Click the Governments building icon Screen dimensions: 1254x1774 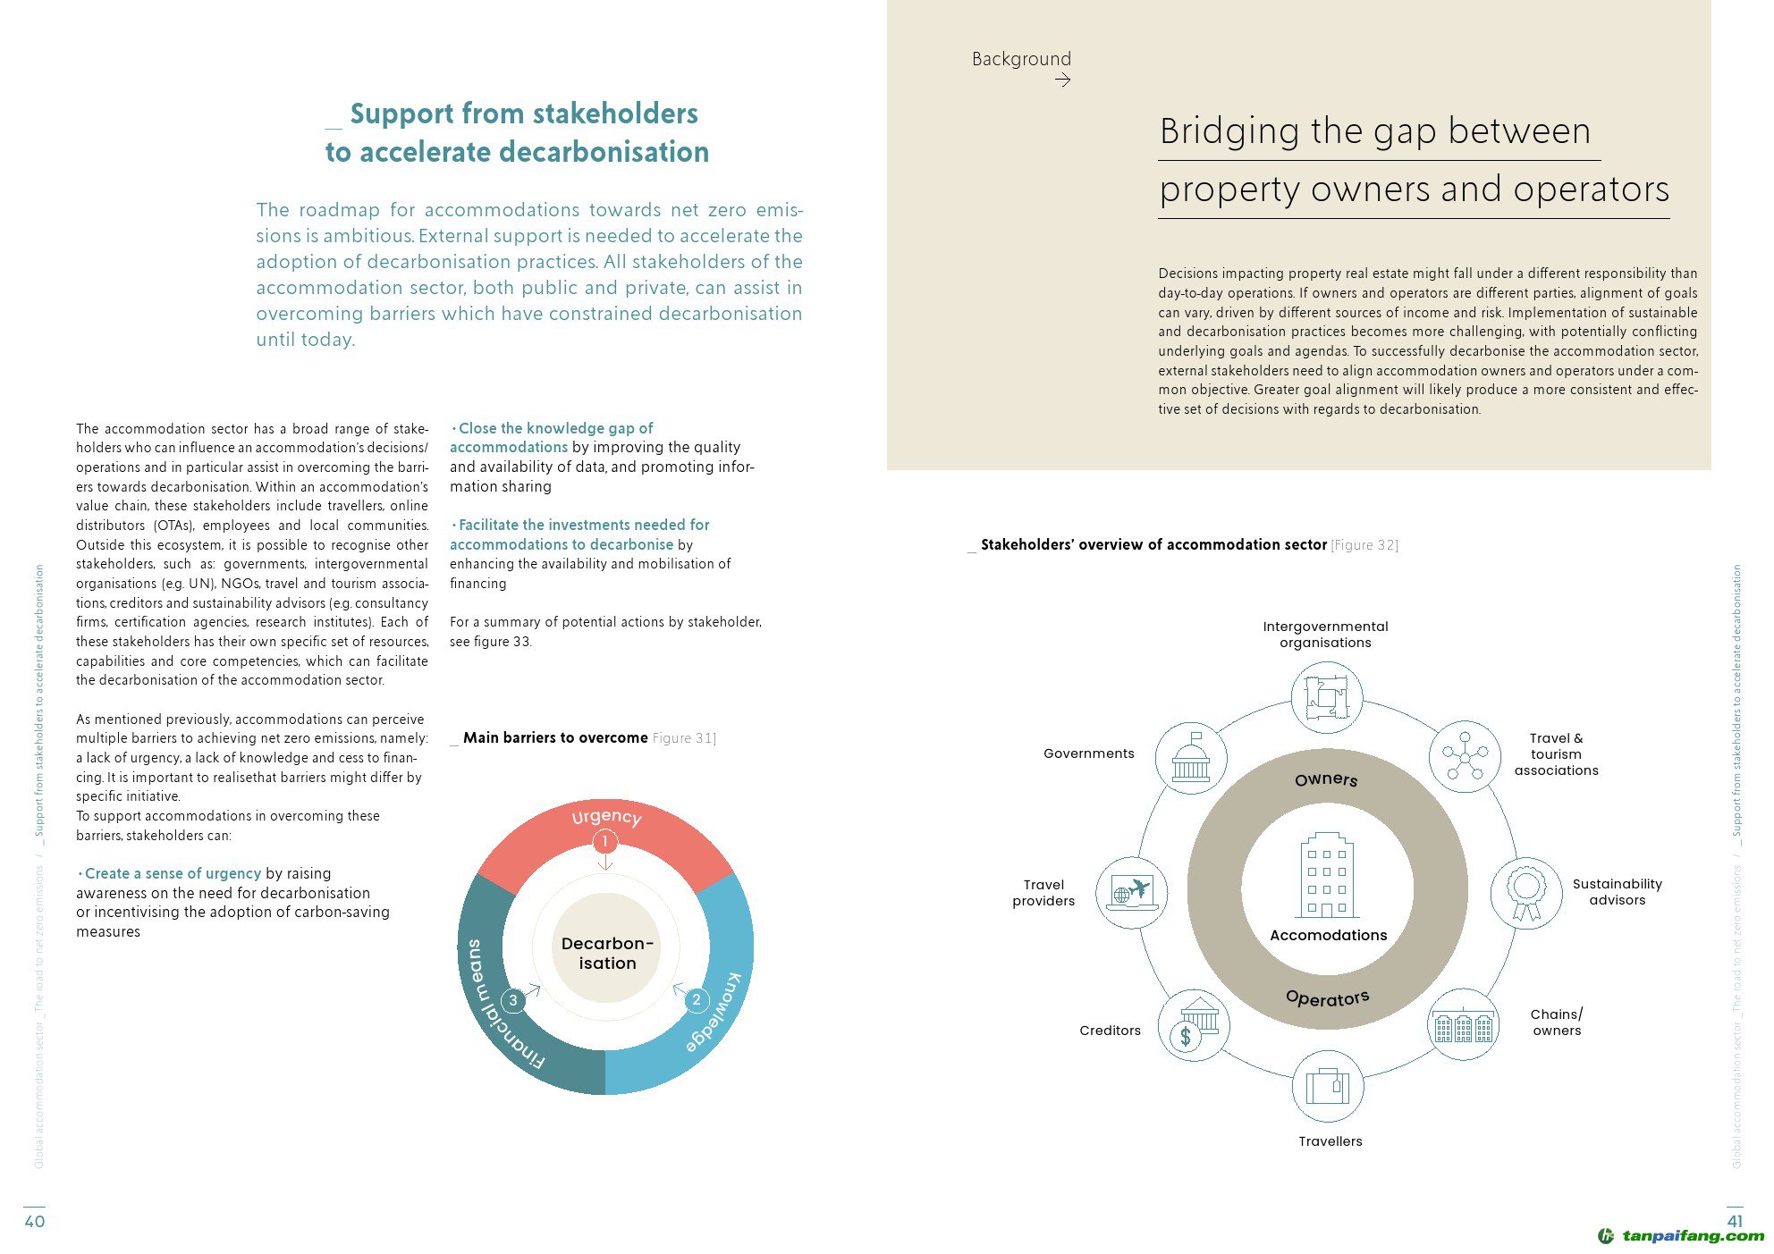1191,759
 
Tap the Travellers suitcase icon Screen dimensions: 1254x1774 1328,1086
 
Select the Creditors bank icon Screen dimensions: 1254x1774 1194,1025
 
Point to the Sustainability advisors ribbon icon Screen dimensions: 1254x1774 1525,893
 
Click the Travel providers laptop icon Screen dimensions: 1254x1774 1132,893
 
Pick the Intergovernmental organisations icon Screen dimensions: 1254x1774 1326,697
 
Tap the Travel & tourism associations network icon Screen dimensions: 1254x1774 1464,757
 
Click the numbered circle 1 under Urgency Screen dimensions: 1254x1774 605,841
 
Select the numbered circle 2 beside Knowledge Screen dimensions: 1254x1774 697,999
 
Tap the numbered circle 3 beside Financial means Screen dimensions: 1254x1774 513,1000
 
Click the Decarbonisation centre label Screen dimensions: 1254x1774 607,953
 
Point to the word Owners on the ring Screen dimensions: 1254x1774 1326,779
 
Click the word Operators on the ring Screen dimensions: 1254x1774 1327,997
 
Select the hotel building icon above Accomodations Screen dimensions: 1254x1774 1327,875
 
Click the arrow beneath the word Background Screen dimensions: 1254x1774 1062,80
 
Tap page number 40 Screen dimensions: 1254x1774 34,1221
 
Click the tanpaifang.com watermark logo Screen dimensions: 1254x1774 1681,1236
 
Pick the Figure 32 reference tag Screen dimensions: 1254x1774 1364,545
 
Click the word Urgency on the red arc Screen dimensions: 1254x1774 606,816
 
